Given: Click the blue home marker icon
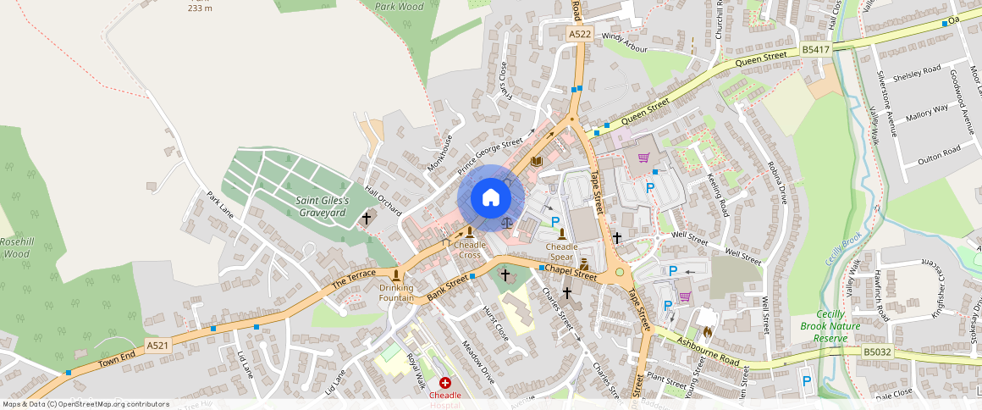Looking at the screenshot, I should (491, 198).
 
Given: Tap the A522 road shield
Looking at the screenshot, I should (580, 34).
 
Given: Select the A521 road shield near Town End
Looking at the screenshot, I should (157, 346).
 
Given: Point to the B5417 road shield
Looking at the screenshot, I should (815, 51).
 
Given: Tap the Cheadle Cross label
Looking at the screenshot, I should (471, 250).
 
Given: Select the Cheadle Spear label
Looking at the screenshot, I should (561, 252).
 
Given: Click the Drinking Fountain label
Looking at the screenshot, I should (396, 293).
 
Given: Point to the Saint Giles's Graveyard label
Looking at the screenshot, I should (322, 206).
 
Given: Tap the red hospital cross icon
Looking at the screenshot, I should (445, 384).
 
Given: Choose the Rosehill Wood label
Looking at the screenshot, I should (16, 247).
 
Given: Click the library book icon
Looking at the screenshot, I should (536, 161).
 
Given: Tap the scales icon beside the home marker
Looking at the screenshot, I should (507, 223).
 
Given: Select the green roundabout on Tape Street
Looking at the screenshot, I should (620, 272).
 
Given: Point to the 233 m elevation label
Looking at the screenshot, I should (200, 8).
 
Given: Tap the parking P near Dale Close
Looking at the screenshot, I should (806, 382).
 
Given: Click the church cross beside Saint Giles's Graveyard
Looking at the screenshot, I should (367, 219).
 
